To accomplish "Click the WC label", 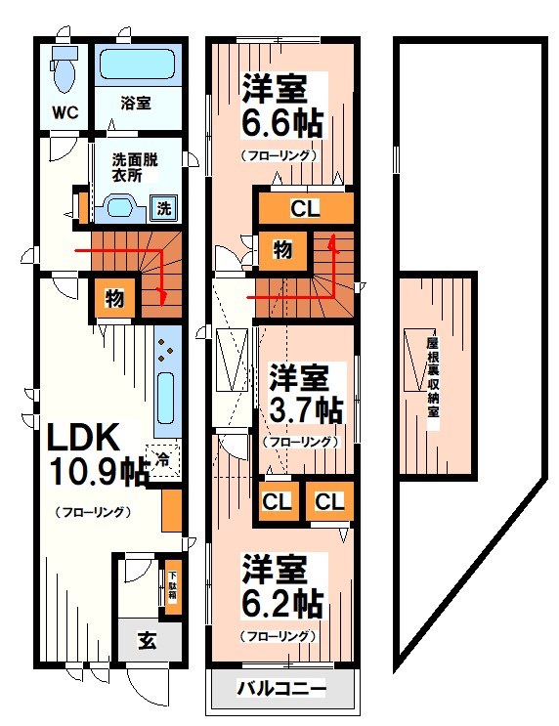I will click(65, 111).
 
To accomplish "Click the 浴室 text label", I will click(136, 103).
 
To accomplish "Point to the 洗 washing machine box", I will click(164, 207).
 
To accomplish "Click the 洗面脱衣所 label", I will click(127, 171).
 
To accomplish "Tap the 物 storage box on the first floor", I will click(114, 298).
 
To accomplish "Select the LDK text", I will click(80, 438).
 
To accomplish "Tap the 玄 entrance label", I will click(147, 641).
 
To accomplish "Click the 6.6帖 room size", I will click(281, 125).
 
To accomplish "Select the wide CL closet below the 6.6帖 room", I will click(303, 208).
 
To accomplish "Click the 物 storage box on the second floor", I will click(281, 249).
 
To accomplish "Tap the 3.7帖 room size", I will click(306, 409).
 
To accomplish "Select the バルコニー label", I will click(281, 690).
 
